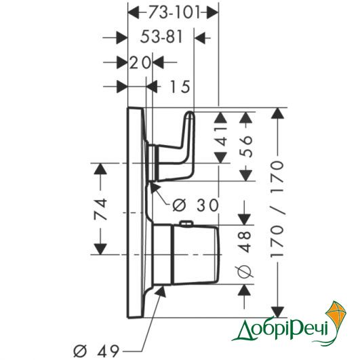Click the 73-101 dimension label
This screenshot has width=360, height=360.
(174, 12)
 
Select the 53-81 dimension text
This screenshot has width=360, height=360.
(161, 37)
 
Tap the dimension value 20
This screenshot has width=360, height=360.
(140, 62)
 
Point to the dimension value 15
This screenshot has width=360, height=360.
(180, 87)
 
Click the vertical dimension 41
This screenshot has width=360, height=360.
(221, 138)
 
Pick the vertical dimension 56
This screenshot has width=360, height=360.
(245, 146)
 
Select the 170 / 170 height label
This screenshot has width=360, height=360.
(277, 208)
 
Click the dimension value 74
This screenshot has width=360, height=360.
(100, 209)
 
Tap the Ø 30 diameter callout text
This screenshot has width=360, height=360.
(196, 205)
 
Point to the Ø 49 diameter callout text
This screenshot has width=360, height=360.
(96, 351)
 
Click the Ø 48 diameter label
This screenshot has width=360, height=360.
(245, 254)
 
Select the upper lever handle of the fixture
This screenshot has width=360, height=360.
(175, 147)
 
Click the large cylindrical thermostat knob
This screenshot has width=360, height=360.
(185, 254)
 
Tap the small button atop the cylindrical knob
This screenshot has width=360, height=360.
(186, 224)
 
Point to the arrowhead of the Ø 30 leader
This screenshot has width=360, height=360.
(154, 186)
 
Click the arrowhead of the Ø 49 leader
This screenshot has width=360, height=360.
(161, 292)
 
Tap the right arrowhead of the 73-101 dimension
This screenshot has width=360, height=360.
(212, 12)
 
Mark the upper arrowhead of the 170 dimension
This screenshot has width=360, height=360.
(277, 113)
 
